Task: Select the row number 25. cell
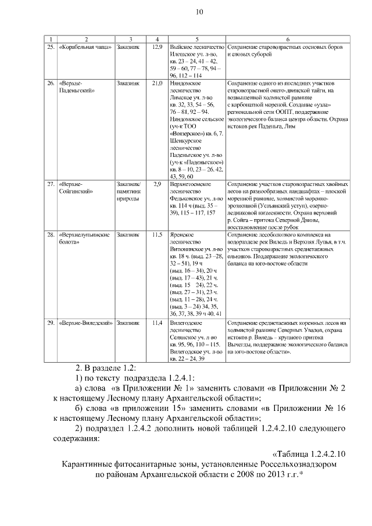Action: point(51,46)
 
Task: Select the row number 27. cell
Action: point(51,184)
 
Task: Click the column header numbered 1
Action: point(51,38)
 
